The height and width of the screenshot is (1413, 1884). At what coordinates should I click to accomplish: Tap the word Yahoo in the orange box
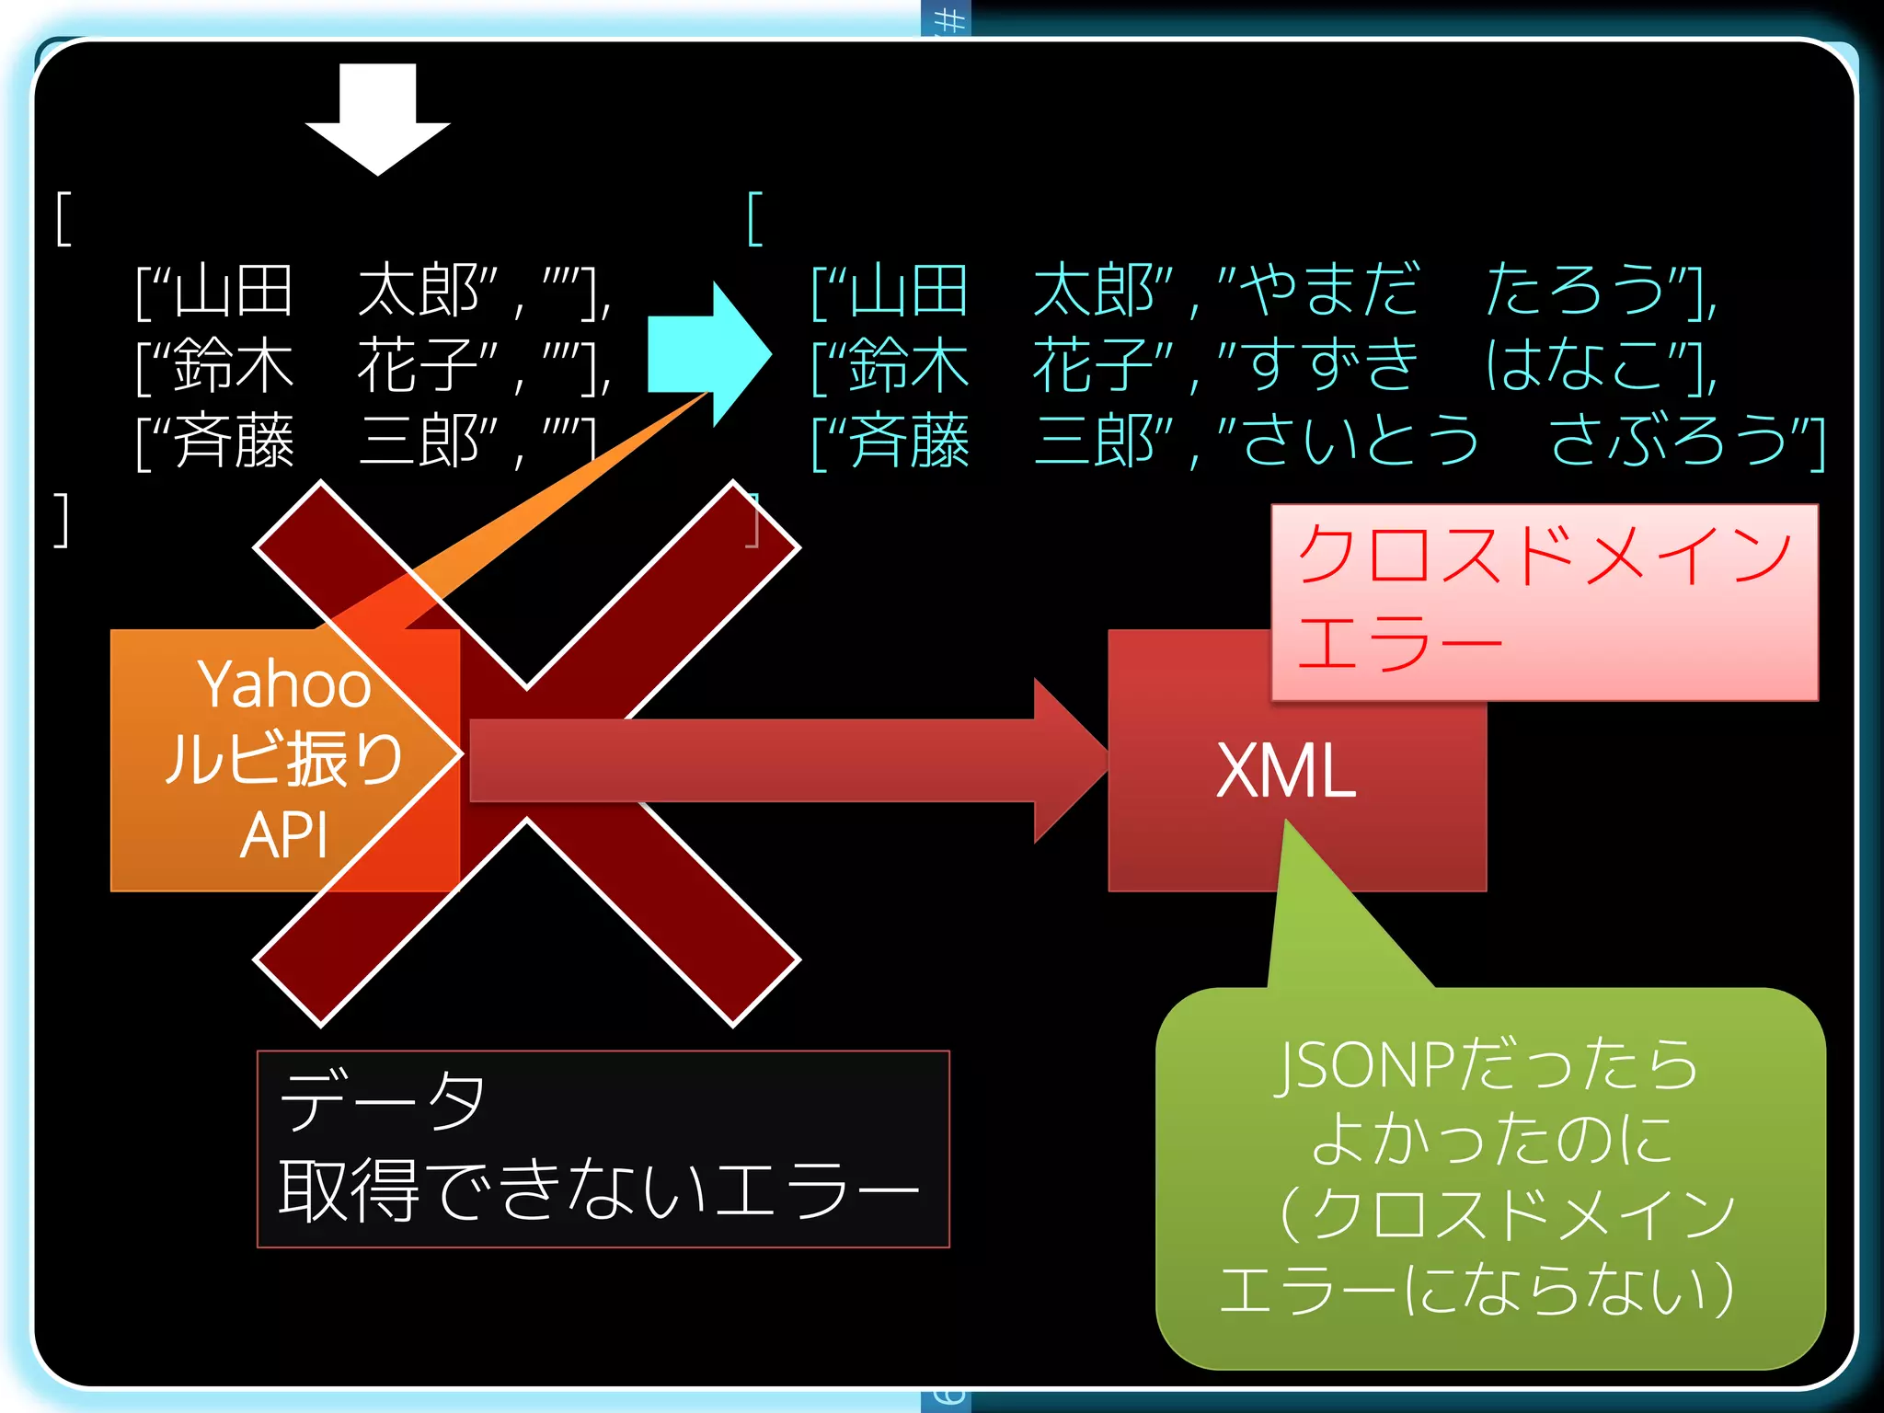tap(284, 684)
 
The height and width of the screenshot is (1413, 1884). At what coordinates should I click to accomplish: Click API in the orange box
tap(283, 835)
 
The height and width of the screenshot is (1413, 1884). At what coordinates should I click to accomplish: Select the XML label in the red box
tap(1285, 771)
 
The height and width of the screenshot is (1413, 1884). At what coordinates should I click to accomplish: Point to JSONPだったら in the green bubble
tap(1486, 1065)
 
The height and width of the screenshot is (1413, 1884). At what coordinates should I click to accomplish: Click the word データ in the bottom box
tap(382, 1099)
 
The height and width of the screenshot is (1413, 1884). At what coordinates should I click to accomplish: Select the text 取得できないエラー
tap(598, 1190)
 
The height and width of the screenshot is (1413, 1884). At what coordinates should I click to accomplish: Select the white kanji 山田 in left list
tap(233, 291)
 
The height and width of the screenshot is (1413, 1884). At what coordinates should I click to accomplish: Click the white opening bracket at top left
tap(63, 219)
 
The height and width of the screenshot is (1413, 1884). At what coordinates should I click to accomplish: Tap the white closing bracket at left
tap(61, 520)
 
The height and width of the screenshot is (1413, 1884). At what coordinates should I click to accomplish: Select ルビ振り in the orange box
tap(284, 760)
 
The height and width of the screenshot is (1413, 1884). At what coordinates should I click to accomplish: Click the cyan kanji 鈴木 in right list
tap(907, 365)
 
